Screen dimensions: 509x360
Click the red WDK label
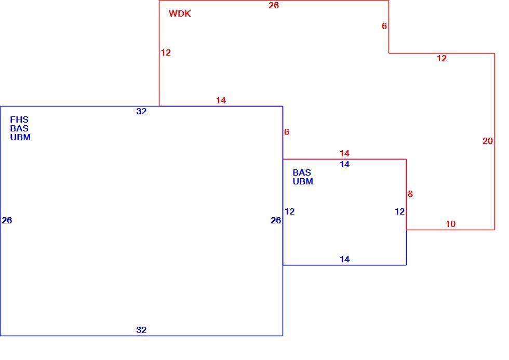[x=180, y=14]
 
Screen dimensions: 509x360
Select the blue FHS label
[x=19, y=119]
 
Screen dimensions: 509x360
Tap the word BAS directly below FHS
[x=19, y=128]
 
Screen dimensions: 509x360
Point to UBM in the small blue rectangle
[x=303, y=181]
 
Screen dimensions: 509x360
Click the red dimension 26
[x=274, y=5]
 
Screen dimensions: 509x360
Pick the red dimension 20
[x=488, y=141]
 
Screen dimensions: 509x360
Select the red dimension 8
[x=410, y=194]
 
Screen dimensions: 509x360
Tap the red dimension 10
[x=451, y=224]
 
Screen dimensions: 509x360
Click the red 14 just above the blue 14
[x=344, y=153]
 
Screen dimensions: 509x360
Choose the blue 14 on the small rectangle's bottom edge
[x=344, y=259]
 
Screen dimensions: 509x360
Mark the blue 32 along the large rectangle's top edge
[x=141, y=111]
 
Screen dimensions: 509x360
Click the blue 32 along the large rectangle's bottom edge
[x=141, y=330]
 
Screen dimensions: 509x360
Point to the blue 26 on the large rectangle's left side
[x=7, y=220]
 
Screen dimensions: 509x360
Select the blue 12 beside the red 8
[x=399, y=211]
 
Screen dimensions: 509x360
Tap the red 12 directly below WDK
[x=166, y=52]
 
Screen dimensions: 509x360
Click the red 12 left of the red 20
[x=442, y=58]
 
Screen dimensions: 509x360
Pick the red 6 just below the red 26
[x=384, y=26]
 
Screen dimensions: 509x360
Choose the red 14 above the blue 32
[x=221, y=100]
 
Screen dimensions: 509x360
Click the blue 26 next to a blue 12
[x=276, y=220]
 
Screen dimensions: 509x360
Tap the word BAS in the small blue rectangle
[x=302, y=172]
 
